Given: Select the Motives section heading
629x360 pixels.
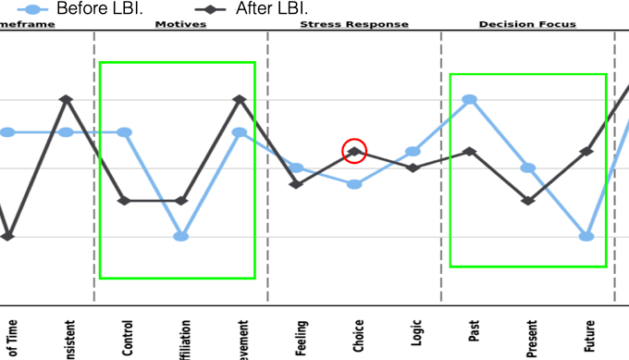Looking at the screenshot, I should [x=180, y=24].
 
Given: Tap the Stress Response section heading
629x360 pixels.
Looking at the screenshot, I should [x=353, y=24].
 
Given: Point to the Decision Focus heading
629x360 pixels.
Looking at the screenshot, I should [x=527, y=24].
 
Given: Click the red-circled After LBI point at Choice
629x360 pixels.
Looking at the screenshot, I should [x=354, y=150].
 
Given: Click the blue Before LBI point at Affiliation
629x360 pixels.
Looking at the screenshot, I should [x=181, y=236].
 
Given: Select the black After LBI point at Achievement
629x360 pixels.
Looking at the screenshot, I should [x=239, y=98].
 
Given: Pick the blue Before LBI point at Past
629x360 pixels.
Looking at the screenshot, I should [x=470, y=99].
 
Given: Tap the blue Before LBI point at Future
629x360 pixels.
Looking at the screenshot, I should [x=586, y=236].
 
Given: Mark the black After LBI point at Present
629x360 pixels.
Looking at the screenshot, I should [x=528, y=201].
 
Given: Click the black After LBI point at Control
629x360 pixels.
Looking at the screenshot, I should [x=124, y=201].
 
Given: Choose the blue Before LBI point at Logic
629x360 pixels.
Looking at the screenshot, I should [x=413, y=151].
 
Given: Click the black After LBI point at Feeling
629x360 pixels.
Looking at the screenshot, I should [x=296, y=184].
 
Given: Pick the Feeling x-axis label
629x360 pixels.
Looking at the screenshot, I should [x=302, y=337].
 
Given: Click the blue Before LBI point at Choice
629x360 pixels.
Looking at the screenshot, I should [x=354, y=184].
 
